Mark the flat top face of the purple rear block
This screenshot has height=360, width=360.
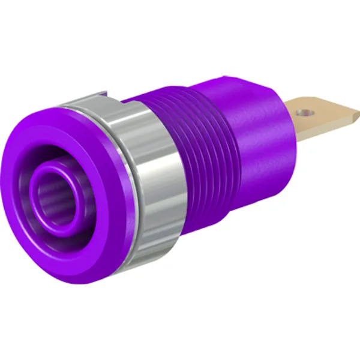(246, 84)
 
